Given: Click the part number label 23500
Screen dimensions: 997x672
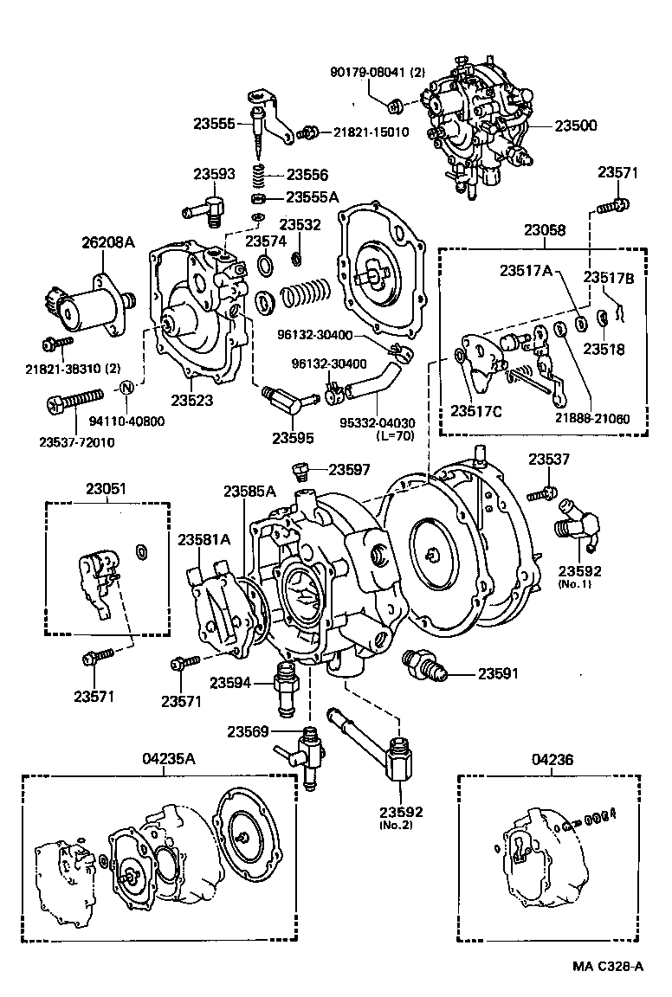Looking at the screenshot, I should click(576, 125).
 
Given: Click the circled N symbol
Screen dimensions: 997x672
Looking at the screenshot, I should click(126, 387).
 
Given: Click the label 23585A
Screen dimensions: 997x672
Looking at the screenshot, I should click(249, 492).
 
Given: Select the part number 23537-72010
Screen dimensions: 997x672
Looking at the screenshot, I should click(76, 441).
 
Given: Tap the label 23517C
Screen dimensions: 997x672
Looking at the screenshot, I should click(476, 411).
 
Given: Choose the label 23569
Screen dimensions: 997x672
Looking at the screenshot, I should click(249, 731).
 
